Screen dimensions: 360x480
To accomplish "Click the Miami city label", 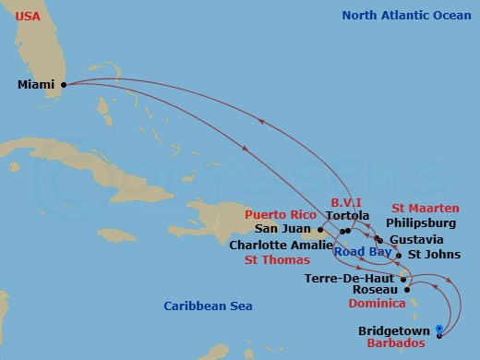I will pos(36,85).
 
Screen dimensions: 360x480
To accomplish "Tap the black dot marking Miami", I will pos(63,84).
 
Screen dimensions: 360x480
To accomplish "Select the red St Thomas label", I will pos(275,260).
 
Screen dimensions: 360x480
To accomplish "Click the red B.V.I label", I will pos(346,201).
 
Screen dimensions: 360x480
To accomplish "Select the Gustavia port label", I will pos(415,239).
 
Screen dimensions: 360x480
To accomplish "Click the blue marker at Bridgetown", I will pos(439,330).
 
